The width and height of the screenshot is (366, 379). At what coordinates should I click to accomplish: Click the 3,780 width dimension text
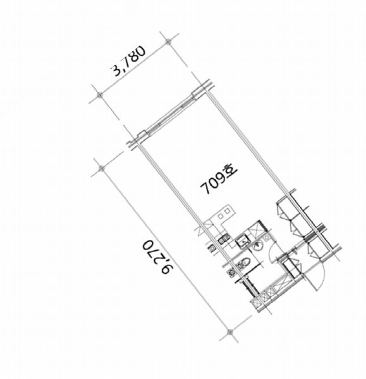click(128, 61)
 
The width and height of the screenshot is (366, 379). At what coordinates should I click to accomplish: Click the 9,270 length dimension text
click(158, 257)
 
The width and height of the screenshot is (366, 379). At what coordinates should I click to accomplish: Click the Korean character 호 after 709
click(230, 170)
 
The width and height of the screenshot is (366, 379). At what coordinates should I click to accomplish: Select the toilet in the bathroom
click(244, 263)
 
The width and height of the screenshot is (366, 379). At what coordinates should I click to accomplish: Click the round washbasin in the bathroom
click(257, 247)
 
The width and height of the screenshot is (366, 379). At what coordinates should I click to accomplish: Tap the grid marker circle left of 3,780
click(99, 95)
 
